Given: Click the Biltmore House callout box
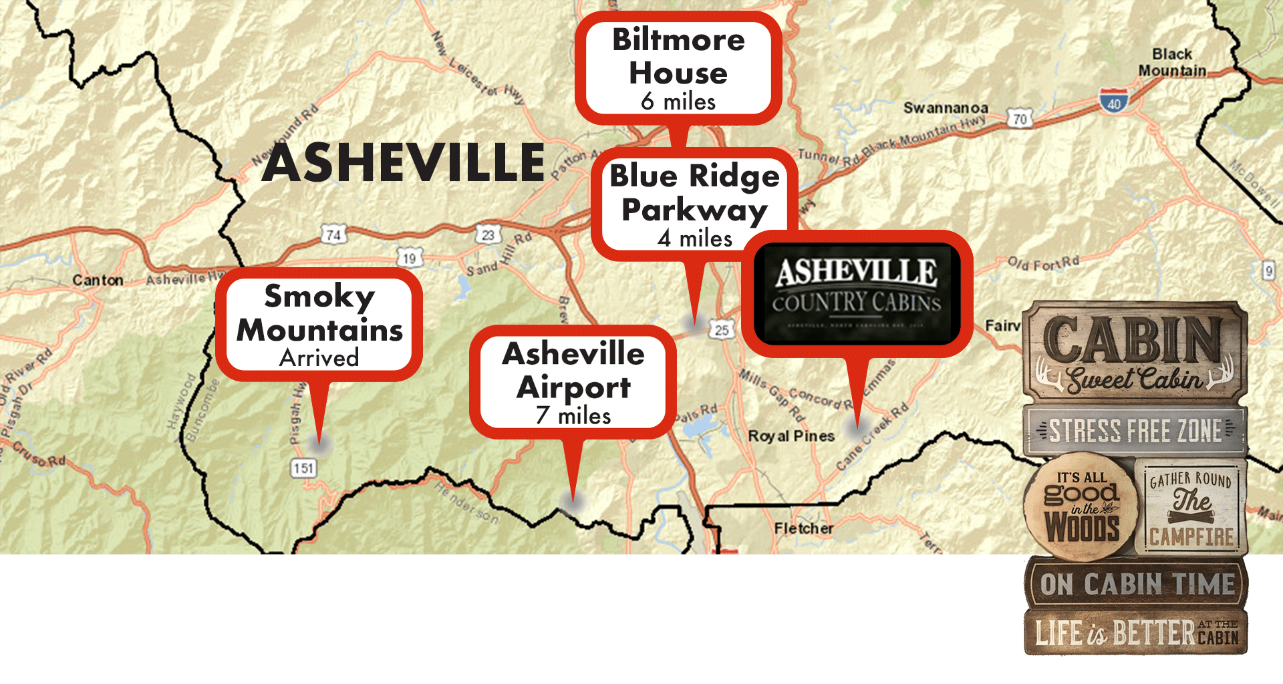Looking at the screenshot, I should (x=678, y=69).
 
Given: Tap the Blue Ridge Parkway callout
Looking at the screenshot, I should (x=694, y=204).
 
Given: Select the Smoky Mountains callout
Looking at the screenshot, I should (x=319, y=325).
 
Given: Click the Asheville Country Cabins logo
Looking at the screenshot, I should (x=857, y=293).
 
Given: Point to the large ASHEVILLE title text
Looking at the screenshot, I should (x=404, y=163).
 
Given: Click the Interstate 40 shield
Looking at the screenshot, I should (x=1113, y=102).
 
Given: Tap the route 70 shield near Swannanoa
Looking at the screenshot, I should (x=1020, y=120).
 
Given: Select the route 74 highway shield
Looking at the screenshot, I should (x=333, y=234).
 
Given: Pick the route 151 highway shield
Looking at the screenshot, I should (x=303, y=468).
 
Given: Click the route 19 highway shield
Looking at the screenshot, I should (x=409, y=258).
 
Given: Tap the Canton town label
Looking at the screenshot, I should (x=98, y=281).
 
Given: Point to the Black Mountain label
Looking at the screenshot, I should (x=1172, y=62).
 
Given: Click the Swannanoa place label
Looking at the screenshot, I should (x=946, y=108).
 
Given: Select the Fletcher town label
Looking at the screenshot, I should (x=803, y=528).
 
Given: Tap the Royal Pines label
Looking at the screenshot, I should (x=791, y=436).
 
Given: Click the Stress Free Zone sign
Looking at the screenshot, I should (x=1135, y=431).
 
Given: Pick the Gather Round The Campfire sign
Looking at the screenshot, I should (x=1191, y=508).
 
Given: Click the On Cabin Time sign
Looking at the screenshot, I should (x=1136, y=584).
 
